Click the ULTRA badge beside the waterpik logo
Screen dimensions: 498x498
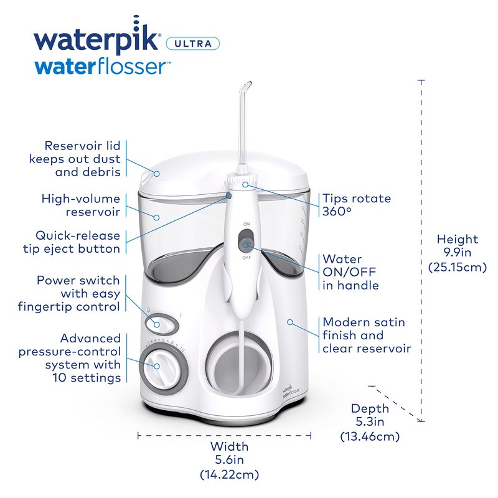pos(193,44)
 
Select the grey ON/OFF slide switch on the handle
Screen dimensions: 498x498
pos(246,240)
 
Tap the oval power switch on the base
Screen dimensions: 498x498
pos(162,324)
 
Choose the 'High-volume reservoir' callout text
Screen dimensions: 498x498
pos(81,205)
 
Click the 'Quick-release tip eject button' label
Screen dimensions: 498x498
pos(72,242)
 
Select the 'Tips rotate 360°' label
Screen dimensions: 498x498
pos(357,205)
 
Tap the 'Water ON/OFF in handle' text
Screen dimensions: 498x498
pos(350,272)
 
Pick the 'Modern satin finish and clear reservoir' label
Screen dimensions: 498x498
pos(367,335)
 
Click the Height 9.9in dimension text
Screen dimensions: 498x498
pos(458,253)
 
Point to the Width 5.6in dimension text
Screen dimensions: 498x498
pos(229,460)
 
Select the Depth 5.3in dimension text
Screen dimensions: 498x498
pos(370,422)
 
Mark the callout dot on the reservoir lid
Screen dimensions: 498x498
pos(157,174)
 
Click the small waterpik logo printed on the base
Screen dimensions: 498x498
pos(291,390)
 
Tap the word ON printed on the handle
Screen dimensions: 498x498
pos(247,224)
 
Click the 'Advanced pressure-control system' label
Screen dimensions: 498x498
pos(70,358)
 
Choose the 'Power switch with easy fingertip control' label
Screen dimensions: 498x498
pos(69,293)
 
